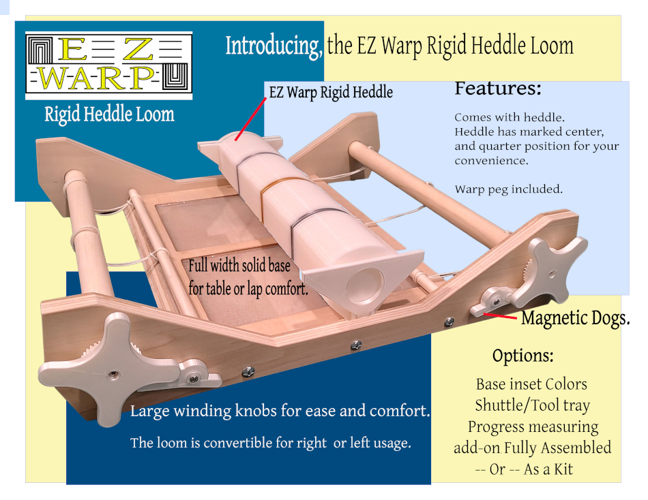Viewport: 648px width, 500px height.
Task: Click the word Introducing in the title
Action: click(274, 46)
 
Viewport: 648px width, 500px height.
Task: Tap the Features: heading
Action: click(498, 89)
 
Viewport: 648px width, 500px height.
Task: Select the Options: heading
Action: click(522, 356)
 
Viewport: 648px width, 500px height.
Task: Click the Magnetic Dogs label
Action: click(575, 318)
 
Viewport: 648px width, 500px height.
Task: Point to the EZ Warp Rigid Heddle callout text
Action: click(331, 92)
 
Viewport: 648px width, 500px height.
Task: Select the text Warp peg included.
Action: click(508, 189)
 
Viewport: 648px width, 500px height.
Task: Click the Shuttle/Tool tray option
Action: click(532, 405)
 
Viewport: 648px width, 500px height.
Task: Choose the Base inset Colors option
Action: click(531, 384)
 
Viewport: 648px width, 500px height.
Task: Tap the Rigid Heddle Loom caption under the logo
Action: click(109, 114)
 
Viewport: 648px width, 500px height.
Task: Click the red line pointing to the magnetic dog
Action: click(502, 316)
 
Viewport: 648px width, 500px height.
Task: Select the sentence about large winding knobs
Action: click(280, 411)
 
